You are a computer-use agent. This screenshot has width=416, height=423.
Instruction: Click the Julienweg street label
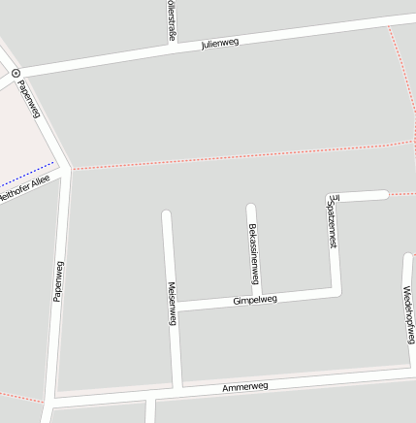[220, 43]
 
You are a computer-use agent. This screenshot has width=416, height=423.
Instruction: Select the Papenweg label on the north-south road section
[58, 281]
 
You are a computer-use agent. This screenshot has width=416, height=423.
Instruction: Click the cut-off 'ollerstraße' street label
[172, 19]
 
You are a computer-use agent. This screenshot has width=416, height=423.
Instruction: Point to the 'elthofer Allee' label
[25, 188]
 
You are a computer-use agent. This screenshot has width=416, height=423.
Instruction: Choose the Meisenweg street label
[172, 303]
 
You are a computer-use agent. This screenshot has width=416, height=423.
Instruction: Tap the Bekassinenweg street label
[254, 249]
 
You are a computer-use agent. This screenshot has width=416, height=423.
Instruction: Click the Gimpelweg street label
[255, 300]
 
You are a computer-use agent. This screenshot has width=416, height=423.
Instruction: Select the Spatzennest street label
[333, 222]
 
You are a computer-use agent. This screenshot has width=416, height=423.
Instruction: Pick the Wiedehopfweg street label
[408, 314]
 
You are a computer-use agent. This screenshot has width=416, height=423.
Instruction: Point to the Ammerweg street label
[244, 387]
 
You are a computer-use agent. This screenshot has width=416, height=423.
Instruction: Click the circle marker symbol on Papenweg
[16, 73]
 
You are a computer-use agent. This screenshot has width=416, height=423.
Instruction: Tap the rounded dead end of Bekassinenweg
[250, 209]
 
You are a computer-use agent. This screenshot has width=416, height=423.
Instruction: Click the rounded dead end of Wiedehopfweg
[407, 258]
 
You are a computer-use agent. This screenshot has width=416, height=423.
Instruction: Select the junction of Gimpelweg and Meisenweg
[175, 307]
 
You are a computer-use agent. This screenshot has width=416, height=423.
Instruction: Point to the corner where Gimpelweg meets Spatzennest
[336, 291]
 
